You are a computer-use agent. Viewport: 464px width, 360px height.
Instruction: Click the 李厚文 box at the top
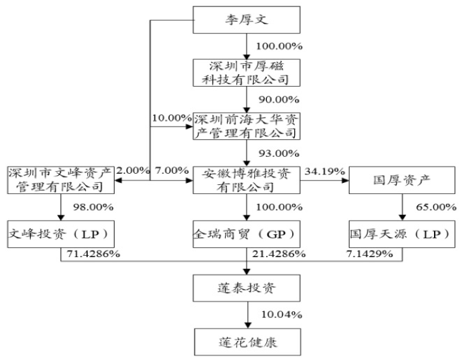(x=247, y=20)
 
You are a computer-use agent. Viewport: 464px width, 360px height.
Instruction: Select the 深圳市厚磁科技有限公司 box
(x=247, y=72)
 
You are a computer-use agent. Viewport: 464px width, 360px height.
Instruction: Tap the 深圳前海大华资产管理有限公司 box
(x=247, y=126)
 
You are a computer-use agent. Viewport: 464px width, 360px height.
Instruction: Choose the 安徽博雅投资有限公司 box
(x=247, y=179)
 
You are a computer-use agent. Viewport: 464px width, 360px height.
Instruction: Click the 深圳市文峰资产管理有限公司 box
(x=60, y=179)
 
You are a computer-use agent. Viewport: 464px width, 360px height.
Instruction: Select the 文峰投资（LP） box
(x=60, y=232)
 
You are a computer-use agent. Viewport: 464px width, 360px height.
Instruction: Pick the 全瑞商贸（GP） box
(x=247, y=232)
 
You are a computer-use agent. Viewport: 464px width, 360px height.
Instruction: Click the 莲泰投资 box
(x=247, y=286)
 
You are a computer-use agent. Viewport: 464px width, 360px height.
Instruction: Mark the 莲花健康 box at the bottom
(x=247, y=339)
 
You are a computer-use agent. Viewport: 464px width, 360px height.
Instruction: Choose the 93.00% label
(x=279, y=153)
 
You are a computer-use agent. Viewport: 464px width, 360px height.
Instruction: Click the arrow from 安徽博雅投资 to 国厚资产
(x=325, y=180)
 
